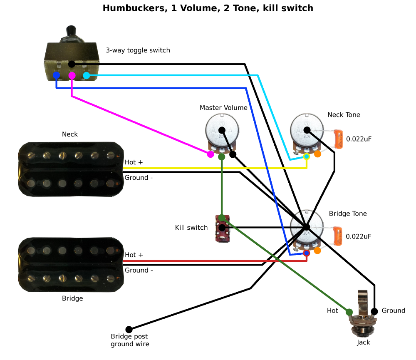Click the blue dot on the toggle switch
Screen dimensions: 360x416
(x=56, y=75)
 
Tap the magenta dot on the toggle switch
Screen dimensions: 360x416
(x=72, y=75)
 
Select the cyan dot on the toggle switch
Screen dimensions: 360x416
(x=87, y=75)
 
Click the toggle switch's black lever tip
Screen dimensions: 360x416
(x=72, y=30)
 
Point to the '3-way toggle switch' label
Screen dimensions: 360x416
(x=138, y=50)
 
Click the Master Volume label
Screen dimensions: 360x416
(x=223, y=108)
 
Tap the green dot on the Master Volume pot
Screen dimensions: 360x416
(x=222, y=157)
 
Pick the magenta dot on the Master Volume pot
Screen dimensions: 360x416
(x=211, y=154)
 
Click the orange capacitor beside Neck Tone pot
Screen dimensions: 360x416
(x=338, y=139)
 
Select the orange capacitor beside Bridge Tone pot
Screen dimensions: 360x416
(x=338, y=236)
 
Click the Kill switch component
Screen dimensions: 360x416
(x=222, y=228)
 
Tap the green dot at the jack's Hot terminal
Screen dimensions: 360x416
(x=349, y=312)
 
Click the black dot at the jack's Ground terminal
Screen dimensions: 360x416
(x=374, y=311)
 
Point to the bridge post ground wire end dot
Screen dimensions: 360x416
(x=129, y=329)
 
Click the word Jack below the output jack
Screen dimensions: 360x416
(x=363, y=343)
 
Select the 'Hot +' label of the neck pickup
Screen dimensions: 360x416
(x=134, y=162)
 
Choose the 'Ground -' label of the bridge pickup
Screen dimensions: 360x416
(x=139, y=271)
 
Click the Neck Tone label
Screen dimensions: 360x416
(x=344, y=115)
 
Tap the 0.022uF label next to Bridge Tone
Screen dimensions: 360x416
(x=359, y=236)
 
